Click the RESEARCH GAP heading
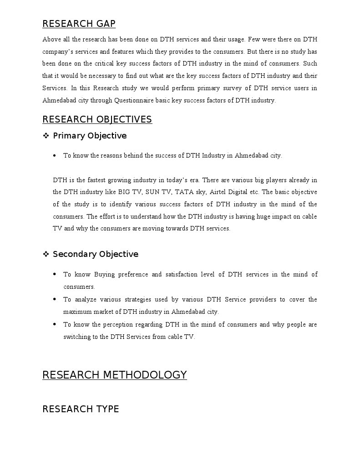pos(79,24)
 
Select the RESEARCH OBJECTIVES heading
pos(97,119)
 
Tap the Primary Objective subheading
pos(90,136)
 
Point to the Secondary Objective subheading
pos(96,254)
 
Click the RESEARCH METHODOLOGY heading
pos(114,375)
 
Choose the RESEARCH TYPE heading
pos(81,409)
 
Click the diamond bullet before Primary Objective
pos(46,136)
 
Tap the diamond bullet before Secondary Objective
pos(46,254)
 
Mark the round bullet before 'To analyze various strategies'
pos(55,299)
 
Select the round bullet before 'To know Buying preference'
pos(55,274)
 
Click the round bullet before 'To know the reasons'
pos(55,155)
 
